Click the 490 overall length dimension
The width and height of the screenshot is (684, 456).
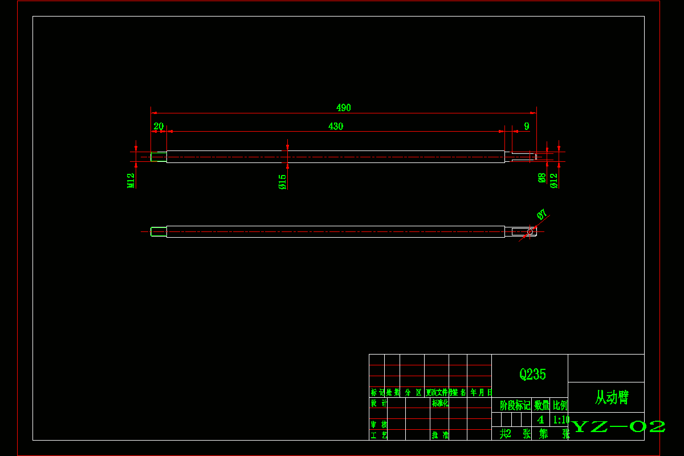[x=343, y=108]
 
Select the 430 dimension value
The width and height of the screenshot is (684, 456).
[x=336, y=127]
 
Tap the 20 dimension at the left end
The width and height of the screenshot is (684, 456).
[x=158, y=127]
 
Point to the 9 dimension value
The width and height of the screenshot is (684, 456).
[x=526, y=126]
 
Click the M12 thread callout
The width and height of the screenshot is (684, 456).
[x=131, y=180]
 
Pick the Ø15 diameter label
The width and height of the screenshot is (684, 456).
[x=282, y=182]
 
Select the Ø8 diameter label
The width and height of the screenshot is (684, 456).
[x=542, y=178]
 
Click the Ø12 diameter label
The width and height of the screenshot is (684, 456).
[x=553, y=180]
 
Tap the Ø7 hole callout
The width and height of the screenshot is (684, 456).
[x=542, y=214]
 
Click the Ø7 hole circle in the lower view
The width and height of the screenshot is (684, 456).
[x=530, y=231]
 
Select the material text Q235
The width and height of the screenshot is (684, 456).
[x=532, y=374]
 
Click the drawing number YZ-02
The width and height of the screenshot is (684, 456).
[x=618, y=426]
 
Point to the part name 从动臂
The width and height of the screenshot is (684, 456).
[x=612, y=397]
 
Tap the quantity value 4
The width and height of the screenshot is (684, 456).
[x=540, y=420]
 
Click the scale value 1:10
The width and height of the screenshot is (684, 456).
[x=561, y=420]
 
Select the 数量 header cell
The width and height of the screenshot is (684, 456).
[x=541, y=405]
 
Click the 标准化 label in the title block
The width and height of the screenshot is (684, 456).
[x=440, y=403]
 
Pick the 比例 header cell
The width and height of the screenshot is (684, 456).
[x=560, y=405]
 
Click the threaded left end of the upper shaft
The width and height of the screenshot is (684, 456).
[x=158, y=156]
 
